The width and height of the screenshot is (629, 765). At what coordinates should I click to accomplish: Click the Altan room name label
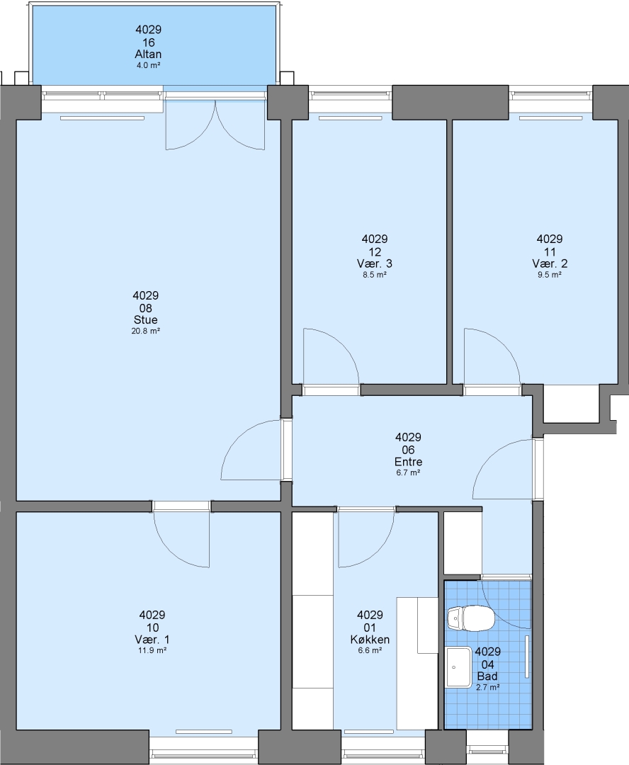click(x=148, y=54)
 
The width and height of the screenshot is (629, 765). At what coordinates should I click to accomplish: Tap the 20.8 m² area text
click(x=146, y=331)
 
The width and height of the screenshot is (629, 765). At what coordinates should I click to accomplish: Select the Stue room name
click(x=146, y=319)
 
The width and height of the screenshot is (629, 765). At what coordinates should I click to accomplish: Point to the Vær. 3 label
click(x=374, y=263)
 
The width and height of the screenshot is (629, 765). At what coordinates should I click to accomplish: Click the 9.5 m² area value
click(x=550, y=275)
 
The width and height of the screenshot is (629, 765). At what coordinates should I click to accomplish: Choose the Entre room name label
click(x=409, y=462)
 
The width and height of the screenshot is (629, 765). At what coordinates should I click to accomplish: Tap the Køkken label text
click(x=370, y=639)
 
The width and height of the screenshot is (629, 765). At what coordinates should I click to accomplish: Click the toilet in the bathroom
click(x=471, y=618)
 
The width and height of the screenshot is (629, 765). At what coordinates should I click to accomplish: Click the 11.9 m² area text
click(x=153, y=650)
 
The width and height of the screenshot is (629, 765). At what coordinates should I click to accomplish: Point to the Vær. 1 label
click(x=152, y=639)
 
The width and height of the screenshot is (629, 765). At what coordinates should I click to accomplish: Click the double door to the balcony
click(x=215, y=125)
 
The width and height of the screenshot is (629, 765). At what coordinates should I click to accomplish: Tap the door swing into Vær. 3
click(x=331, y=356)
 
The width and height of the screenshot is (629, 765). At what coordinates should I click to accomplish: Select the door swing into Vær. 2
click(x=492, y=356)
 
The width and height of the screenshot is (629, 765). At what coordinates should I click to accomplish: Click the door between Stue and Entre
click(x=251, y=450)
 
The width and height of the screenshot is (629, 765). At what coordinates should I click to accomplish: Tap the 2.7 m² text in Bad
click(x=487, y=687)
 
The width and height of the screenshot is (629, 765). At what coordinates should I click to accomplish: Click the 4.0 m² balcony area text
click(x=148, y=65)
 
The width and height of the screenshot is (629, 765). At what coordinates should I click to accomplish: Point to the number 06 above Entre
click(x=409, y=450)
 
